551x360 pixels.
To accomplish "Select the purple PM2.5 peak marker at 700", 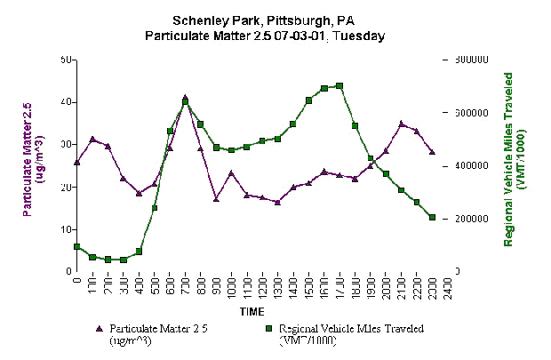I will click(x=185, y=98).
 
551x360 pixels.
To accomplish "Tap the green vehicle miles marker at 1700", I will click(x=339, y=86).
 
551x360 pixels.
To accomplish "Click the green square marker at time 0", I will click(x=77, y=246).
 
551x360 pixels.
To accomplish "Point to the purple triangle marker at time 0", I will click(x=77, y=162).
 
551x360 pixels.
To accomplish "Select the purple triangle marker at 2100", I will click(x=402, y=124).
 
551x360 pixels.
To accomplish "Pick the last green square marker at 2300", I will click(x=433, y=217).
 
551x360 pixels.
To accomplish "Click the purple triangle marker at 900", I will click(x=216, y=198).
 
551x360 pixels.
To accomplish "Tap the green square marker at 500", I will click(x=155, y=208).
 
